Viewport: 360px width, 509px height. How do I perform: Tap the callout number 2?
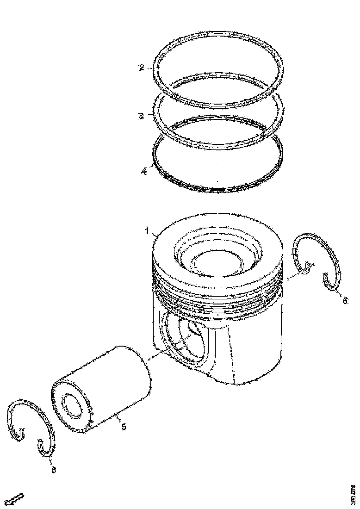point(142,68)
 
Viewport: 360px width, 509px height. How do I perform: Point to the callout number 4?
point(144,171)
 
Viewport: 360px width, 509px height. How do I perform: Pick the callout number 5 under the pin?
point(124,427)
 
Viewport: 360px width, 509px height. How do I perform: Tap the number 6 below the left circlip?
point(54,470)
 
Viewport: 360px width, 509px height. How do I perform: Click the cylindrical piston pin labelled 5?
point(116,379)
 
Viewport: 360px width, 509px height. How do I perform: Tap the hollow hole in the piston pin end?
point(72,406)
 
